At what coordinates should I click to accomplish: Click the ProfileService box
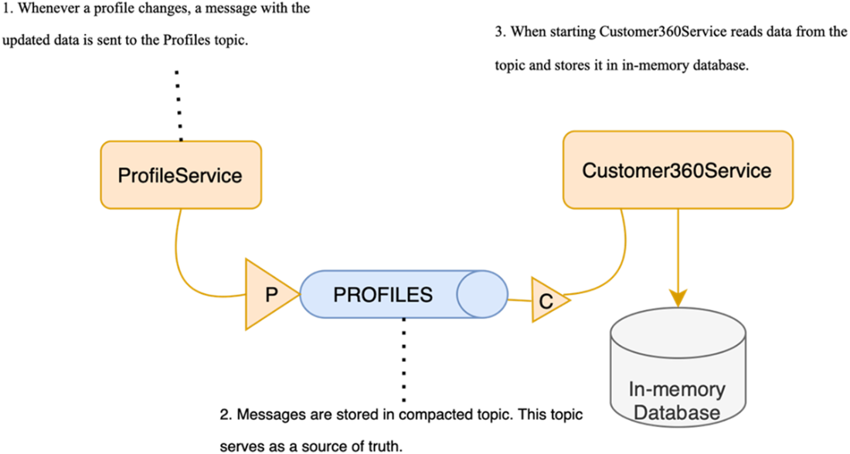tap(181, 175)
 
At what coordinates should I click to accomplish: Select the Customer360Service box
tap(677, 169)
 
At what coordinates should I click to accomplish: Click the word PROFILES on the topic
tap(382, 295)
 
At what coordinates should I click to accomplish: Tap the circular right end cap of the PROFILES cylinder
tap(483, 295)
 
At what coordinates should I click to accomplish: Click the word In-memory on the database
tap(678, 388)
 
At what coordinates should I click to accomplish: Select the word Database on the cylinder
tap(678, 412)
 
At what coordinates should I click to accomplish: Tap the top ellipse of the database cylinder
tap(678, 329)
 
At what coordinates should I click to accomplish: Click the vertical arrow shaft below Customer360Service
tap(678, 247)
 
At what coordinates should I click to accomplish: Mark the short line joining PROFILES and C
tap(519, 299)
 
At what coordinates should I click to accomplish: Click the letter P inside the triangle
tap(271, 295)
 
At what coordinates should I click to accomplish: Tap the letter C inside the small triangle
tap(546, 301)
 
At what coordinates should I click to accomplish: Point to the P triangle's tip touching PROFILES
tap(297, 295)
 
